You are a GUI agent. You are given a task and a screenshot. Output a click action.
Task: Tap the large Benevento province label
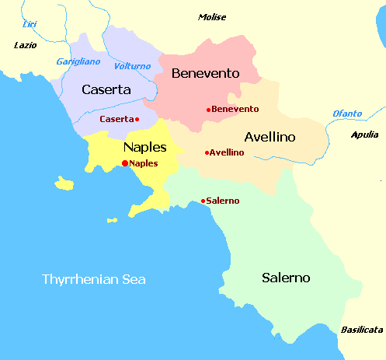[204, 74]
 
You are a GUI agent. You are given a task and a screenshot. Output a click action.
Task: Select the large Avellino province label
[270, 137]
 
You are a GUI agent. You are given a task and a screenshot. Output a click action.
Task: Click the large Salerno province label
[286, 278]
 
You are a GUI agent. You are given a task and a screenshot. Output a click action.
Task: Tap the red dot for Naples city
[125, 163]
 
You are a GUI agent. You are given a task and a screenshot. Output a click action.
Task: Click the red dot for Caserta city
[137, 119]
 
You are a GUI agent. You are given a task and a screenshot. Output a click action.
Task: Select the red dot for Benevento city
[208, 110]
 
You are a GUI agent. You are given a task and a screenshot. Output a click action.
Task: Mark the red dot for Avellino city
[206, 152]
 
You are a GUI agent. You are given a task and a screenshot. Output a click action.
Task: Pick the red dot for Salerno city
[203, 201]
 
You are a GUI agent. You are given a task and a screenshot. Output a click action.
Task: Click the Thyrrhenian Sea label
[94, 279]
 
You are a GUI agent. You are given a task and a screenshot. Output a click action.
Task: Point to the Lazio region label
[25, 45]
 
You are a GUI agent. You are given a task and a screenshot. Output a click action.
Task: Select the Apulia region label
[365, 135]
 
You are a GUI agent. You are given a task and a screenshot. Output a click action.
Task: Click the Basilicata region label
[361, 330]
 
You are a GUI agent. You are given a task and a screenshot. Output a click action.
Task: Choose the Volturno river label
[132, 66]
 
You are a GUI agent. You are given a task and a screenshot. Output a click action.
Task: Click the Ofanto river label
[347, 114]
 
